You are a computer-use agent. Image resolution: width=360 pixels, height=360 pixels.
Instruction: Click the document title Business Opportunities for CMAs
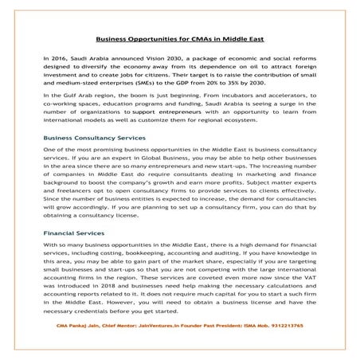(180, 37)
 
